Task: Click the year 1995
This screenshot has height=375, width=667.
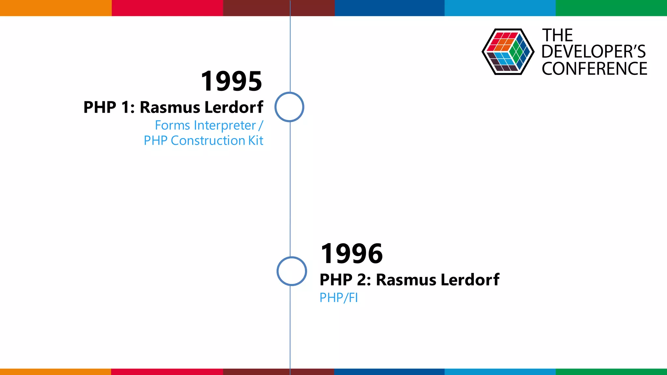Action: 231,81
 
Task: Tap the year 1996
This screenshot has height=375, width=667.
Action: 351,254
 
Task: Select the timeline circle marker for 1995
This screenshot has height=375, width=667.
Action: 289,107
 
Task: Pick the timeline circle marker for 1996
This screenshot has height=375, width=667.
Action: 291,271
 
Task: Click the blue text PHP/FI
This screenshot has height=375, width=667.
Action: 338,298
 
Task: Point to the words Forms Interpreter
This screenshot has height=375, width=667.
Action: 205,125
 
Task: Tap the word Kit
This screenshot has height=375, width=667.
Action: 256,141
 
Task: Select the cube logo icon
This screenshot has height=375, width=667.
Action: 508,52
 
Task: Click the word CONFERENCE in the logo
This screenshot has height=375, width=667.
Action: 594,69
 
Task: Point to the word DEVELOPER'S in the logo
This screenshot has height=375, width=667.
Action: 593,52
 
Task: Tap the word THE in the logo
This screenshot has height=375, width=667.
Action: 557,35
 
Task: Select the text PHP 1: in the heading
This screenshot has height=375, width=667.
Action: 109,107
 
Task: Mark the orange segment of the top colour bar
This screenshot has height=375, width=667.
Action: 55,8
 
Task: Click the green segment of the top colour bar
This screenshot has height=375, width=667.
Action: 611,8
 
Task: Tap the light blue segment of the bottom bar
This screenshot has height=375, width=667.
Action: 500,372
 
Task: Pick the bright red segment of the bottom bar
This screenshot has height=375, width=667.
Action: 167,372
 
